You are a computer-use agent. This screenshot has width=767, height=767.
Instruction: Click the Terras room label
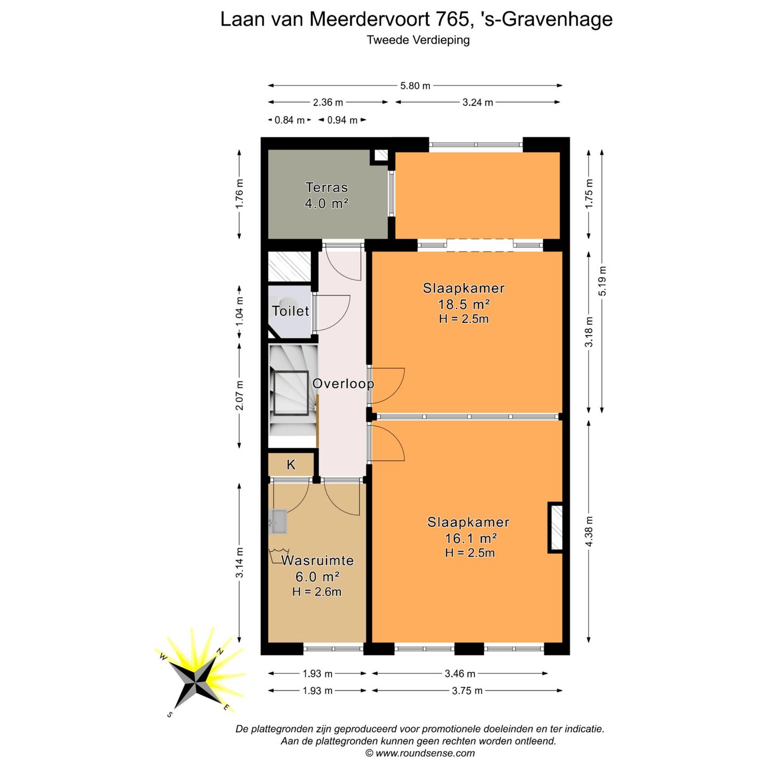tap(327, 187)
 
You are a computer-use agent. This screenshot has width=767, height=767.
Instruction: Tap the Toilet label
tap(290, 311)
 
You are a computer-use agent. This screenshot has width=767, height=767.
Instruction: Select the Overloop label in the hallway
tap(342, 383)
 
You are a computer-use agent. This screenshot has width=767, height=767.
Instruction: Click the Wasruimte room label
tap(317, 560)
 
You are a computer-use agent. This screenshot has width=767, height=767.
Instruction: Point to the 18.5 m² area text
tap(463, 304)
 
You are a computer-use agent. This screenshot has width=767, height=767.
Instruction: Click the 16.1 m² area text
tap(471, 538)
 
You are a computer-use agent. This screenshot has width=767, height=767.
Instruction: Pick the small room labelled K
tap(291, 465)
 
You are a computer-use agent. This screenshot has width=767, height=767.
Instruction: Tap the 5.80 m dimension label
tap(415, 86)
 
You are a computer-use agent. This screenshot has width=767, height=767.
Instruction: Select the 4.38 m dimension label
tap(589, 532)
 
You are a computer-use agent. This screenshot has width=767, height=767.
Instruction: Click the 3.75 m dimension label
tap(467, 691)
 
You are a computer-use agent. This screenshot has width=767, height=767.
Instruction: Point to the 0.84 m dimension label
tap(289, 120)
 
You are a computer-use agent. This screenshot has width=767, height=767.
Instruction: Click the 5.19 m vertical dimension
tap(602, 281)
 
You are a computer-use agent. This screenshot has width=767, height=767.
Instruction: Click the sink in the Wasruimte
tap(279, 521)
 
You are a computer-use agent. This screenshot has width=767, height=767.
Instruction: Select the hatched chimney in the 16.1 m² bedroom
tap(556, 527)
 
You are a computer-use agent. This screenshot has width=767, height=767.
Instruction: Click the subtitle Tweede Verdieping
tap(418, 40)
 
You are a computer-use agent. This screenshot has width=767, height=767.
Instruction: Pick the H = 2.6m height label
tap(316, 592)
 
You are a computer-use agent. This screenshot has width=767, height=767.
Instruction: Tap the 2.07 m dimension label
tap(240, 395)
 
